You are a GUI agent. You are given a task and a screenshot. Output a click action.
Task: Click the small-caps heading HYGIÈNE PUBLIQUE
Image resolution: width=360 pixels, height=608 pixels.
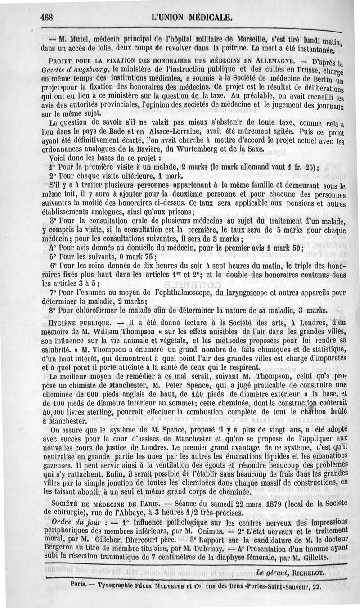pos(76,324)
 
